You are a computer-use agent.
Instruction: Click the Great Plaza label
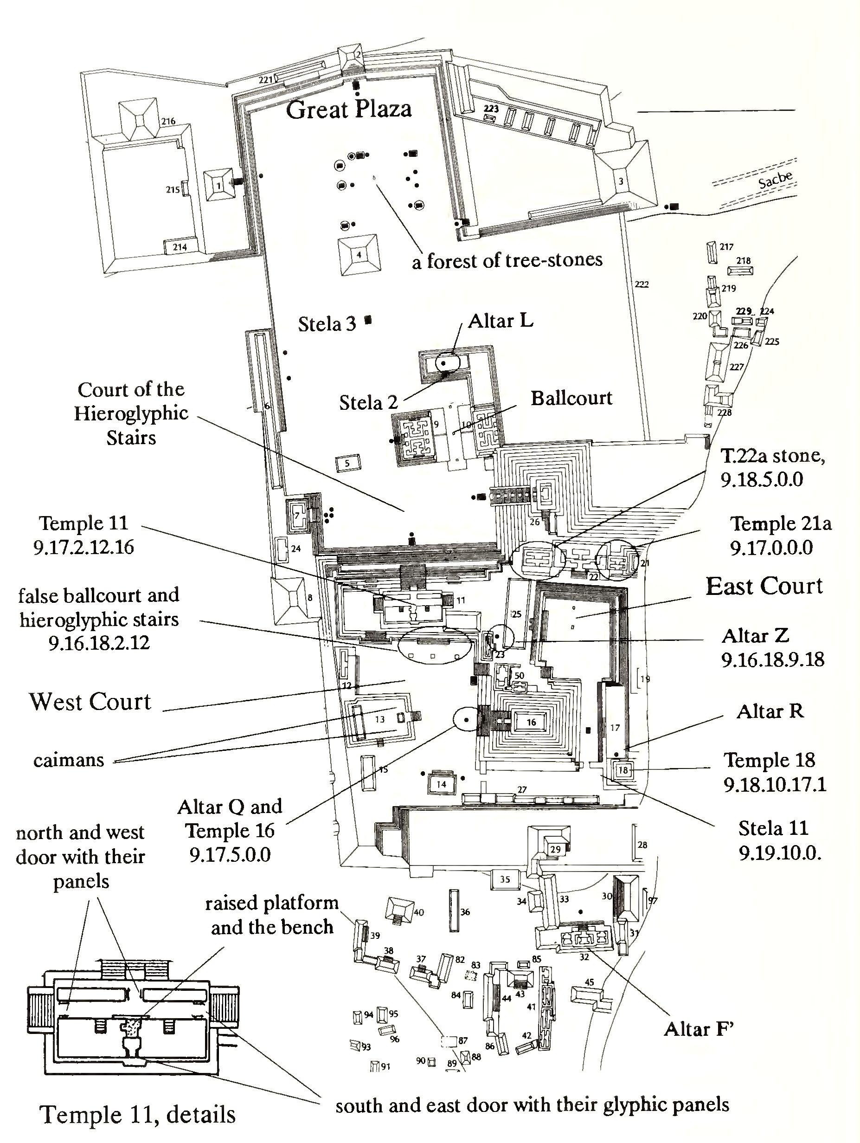[349, 110]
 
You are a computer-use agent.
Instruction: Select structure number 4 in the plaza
[359, 254]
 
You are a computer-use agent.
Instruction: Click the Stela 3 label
[327, 324]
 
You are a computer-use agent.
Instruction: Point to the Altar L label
[501, 321]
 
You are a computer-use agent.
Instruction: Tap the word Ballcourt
[571, 398]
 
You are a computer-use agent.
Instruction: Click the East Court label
[764, 587]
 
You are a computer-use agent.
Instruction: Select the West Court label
[90, 702]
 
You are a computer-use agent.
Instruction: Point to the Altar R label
[770, 711]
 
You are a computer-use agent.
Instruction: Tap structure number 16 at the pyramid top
[531, 723]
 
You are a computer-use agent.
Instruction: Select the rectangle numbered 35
[505, 879]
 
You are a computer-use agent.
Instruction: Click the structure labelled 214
[179, 247]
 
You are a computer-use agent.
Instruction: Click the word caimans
[69, 760]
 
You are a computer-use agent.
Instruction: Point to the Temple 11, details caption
[137, 1115]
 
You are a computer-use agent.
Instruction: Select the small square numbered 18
[623, 770]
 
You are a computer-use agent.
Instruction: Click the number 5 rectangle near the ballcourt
[347, 464]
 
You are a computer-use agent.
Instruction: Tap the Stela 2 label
[368, 402]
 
